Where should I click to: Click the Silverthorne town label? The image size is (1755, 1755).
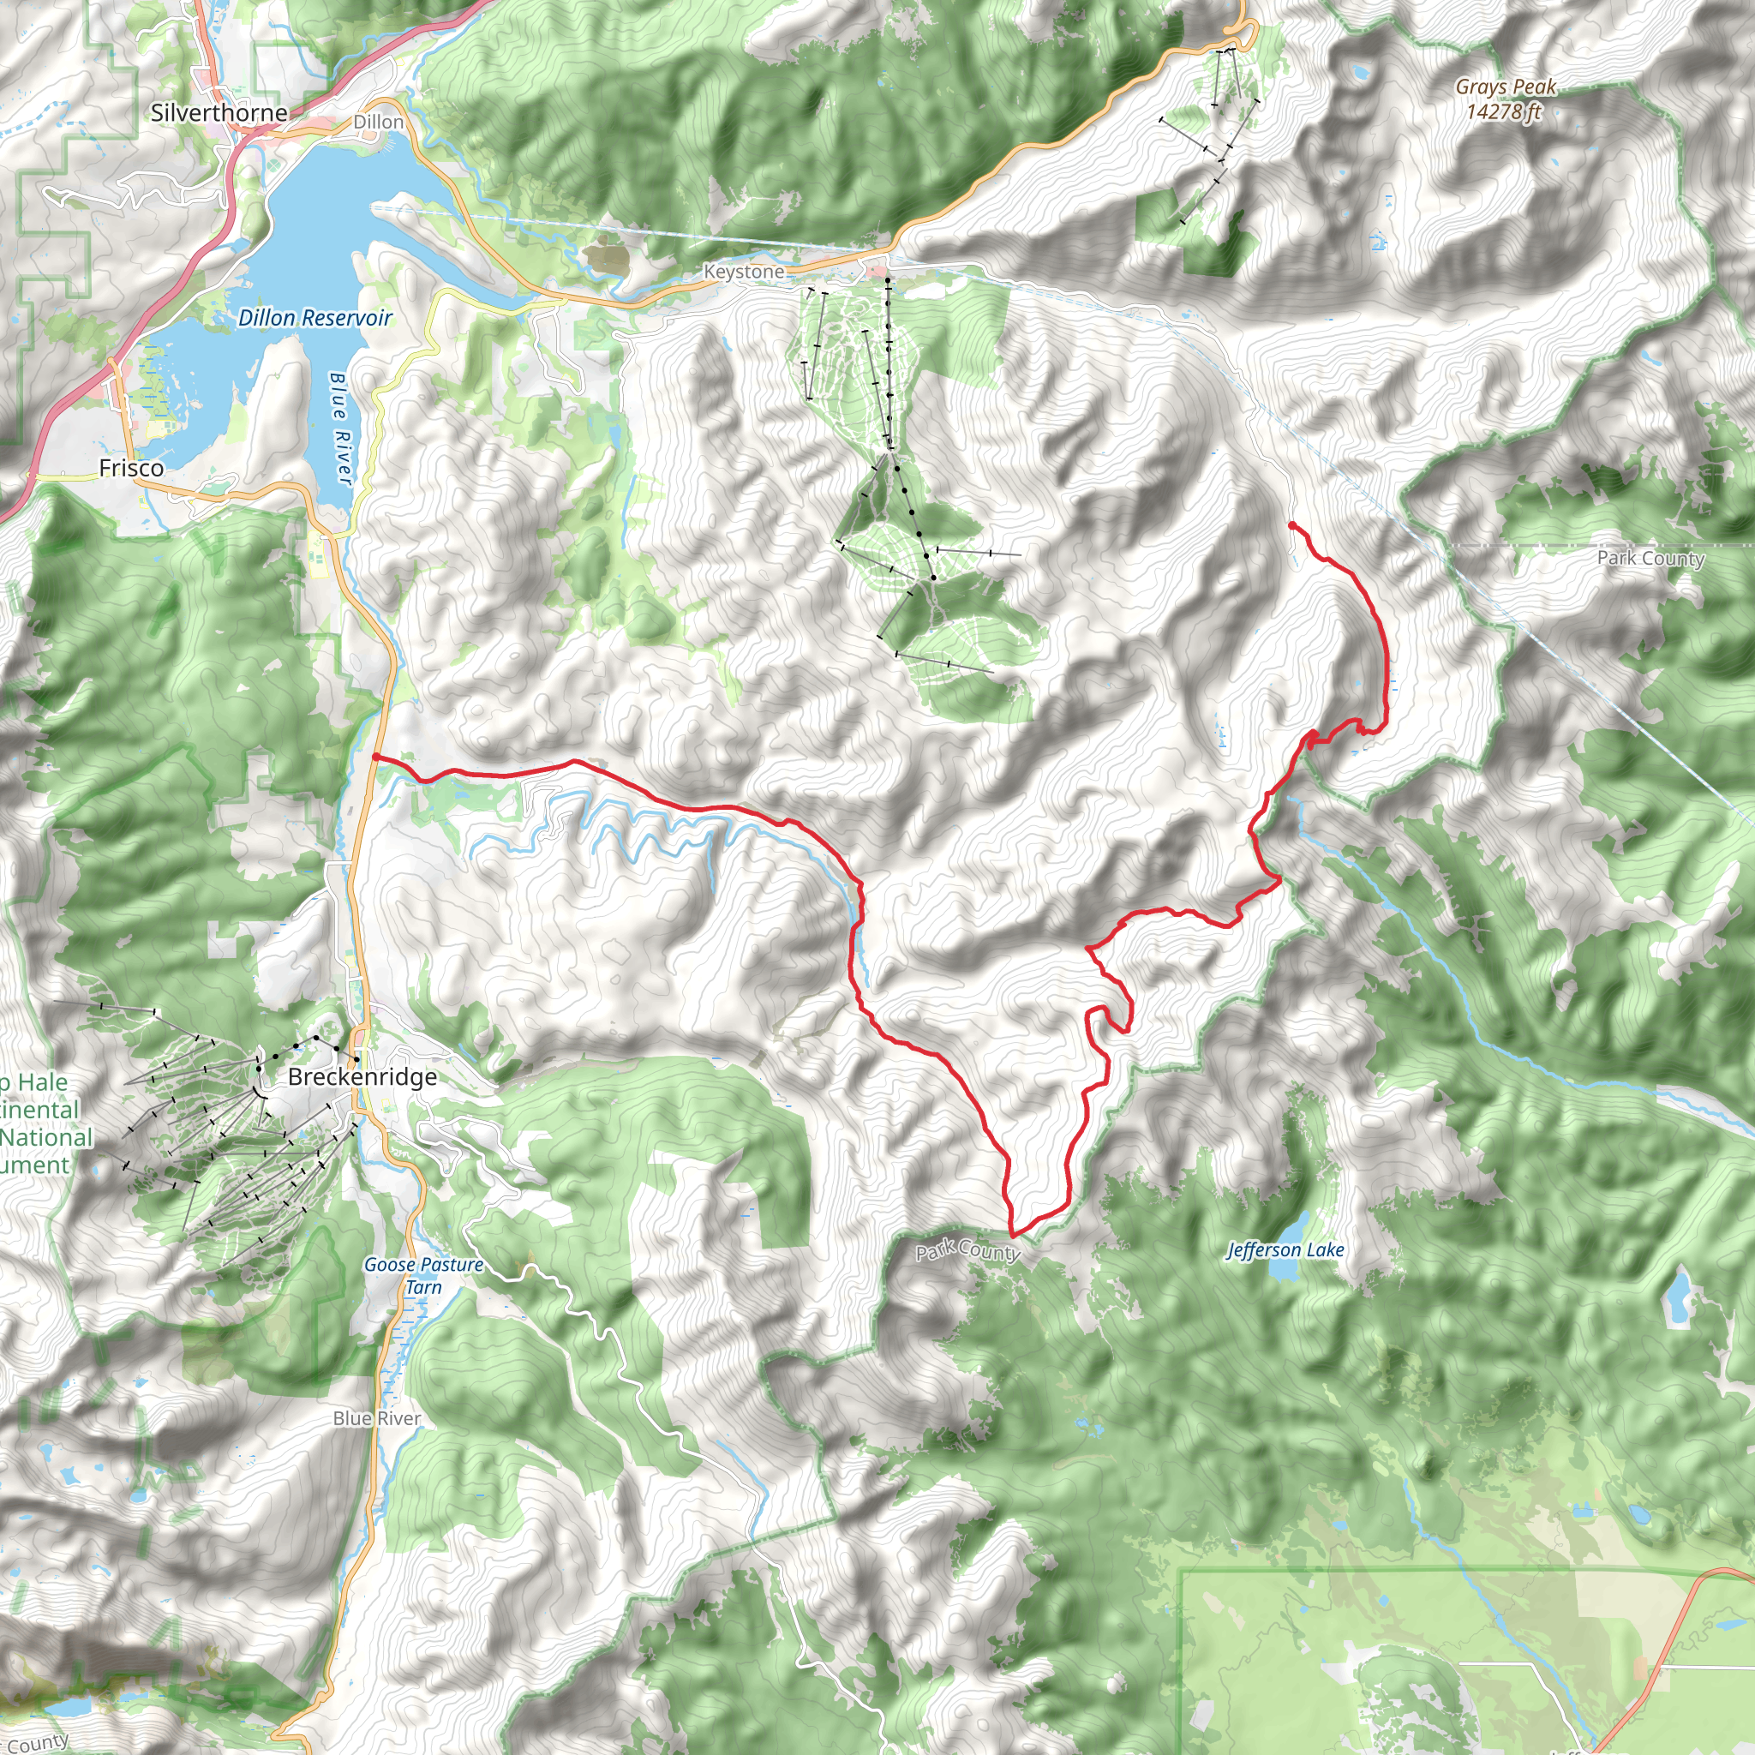219,112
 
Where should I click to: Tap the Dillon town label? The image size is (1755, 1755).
378,122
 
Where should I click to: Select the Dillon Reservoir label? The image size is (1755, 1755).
314,318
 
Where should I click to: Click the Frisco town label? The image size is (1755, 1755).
131,468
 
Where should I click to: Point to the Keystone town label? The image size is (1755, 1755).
743,272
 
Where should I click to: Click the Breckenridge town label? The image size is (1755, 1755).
362,1076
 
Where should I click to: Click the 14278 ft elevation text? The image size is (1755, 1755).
1503,111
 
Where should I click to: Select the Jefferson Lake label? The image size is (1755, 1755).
1285,1250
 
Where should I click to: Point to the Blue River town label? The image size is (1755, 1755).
376,1418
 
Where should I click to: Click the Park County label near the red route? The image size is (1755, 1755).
967,1252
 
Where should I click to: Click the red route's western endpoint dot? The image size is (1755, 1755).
375,756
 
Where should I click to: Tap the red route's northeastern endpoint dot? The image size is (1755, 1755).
1291,525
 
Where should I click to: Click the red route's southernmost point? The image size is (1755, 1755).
1013,1236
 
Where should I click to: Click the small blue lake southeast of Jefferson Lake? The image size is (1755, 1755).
1677,1299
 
